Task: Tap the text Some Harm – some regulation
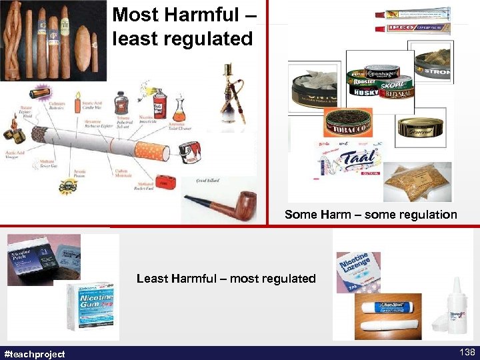371,215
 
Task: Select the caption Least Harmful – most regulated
226,279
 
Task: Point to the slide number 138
466,353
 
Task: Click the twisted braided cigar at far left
15,40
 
